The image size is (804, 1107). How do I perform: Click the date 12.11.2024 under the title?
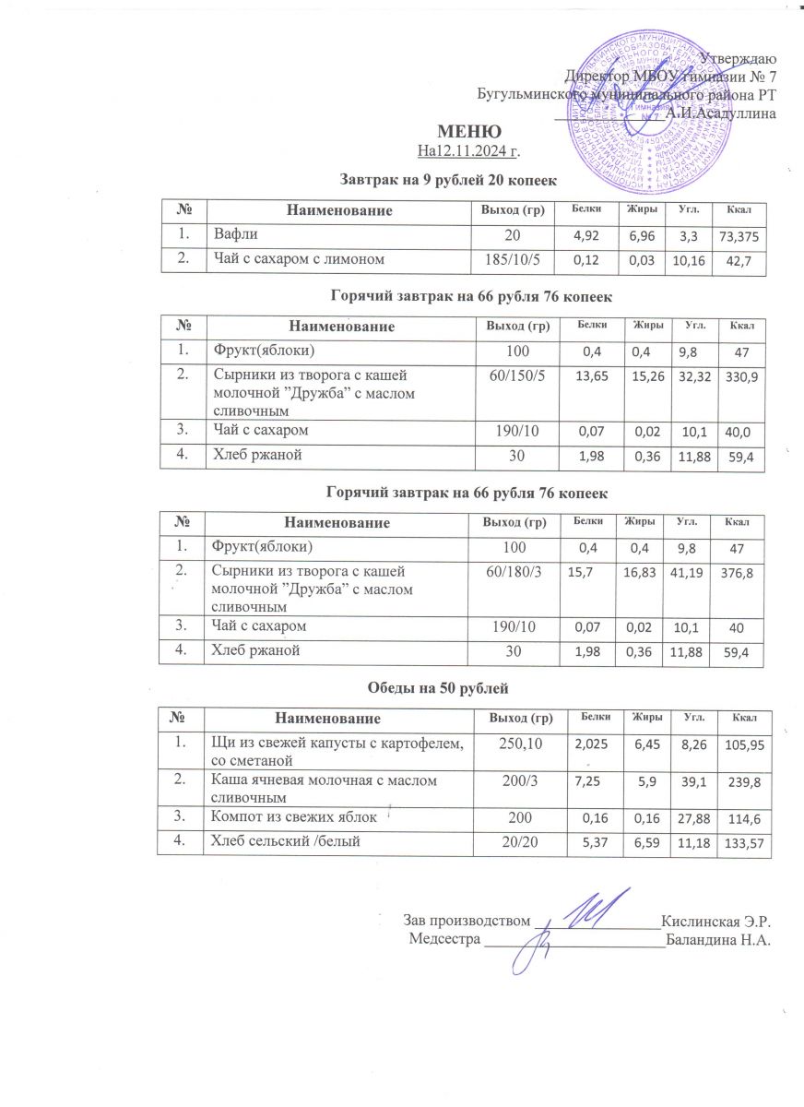coord(481,149)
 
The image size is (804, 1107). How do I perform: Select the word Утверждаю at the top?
coord(737,58)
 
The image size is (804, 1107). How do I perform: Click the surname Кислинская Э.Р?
coord(715,920)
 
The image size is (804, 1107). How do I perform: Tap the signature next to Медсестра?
coord(535,941)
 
